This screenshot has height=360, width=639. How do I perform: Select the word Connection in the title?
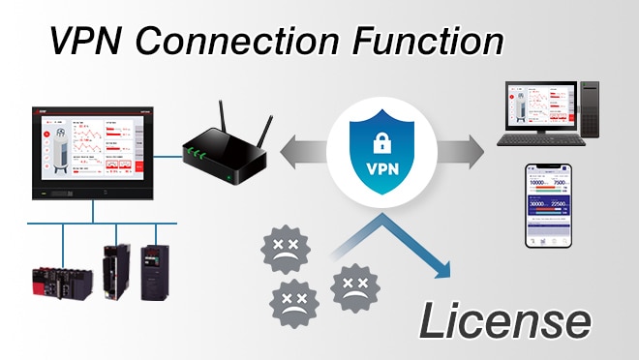click(x=239, y=43)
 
